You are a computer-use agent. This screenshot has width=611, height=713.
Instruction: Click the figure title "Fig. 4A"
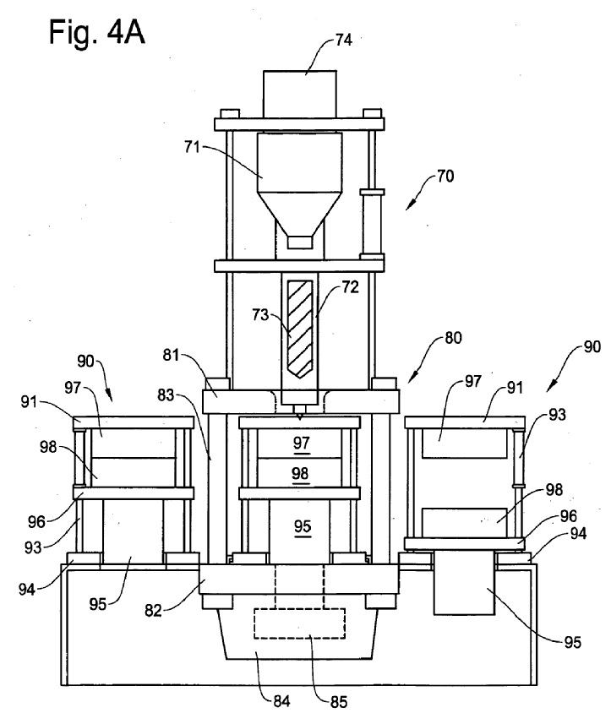coord(96,32)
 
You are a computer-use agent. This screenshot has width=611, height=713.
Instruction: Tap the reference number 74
coord(344,40)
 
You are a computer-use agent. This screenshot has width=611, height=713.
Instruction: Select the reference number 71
coord(192,147)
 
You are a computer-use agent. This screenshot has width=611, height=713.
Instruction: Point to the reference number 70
coord(445,176)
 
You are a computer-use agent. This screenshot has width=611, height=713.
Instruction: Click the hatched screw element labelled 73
coord(300,329)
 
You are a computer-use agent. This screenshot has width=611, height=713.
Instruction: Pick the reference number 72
coord(351,287)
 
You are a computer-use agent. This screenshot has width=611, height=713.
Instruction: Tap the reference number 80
coord(453,338)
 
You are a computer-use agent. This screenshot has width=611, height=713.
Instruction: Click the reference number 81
coord(171,355)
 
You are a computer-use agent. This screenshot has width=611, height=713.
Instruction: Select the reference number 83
coord(166,395)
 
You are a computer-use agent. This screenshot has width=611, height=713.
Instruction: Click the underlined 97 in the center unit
coord(302,443)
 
